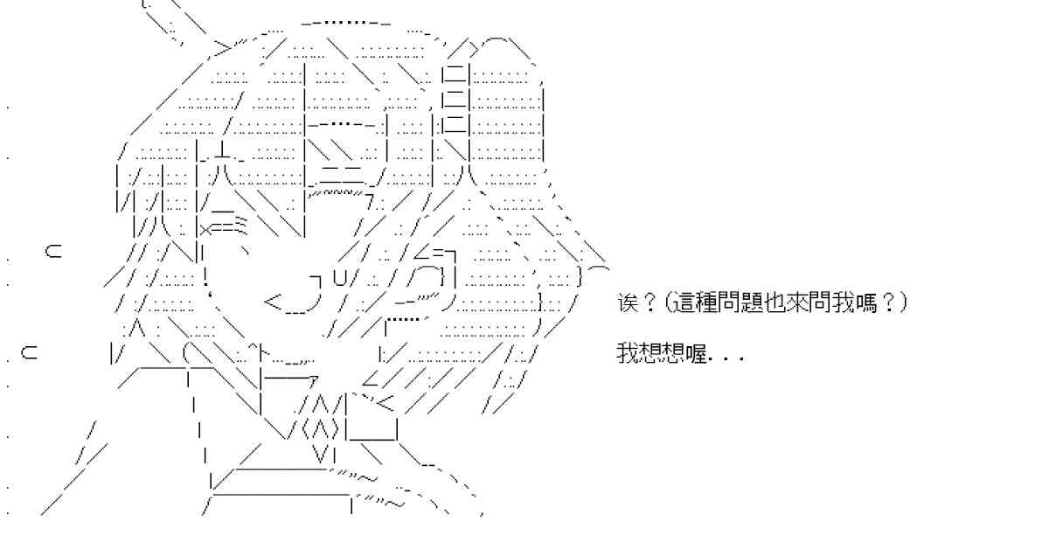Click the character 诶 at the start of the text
click(x=628, y=303)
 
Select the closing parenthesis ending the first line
click(x=902, y=303)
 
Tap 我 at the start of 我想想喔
click(x=628, y=353)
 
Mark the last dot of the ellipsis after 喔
click(x=741, y=360)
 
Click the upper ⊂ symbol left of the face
click(x=53, y=252)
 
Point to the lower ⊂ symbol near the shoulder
click(x=29, y=353)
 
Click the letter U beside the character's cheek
click(x=340, y=278)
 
